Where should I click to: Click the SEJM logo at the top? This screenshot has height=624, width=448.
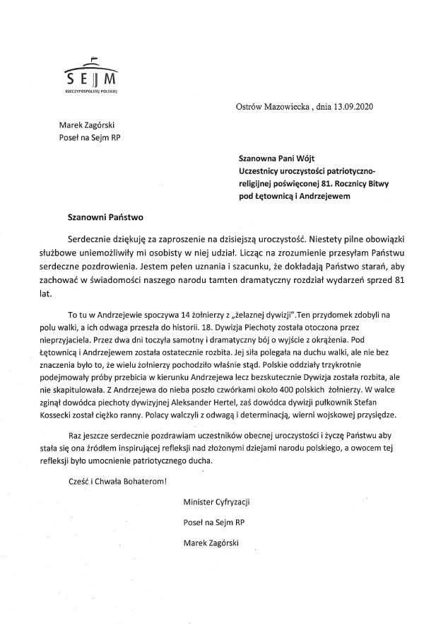[x=90, y=71]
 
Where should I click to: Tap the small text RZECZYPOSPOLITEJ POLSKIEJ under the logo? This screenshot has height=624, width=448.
[x=90, y=91]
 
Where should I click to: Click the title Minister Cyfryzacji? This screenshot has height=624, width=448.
[x=217, y=502]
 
